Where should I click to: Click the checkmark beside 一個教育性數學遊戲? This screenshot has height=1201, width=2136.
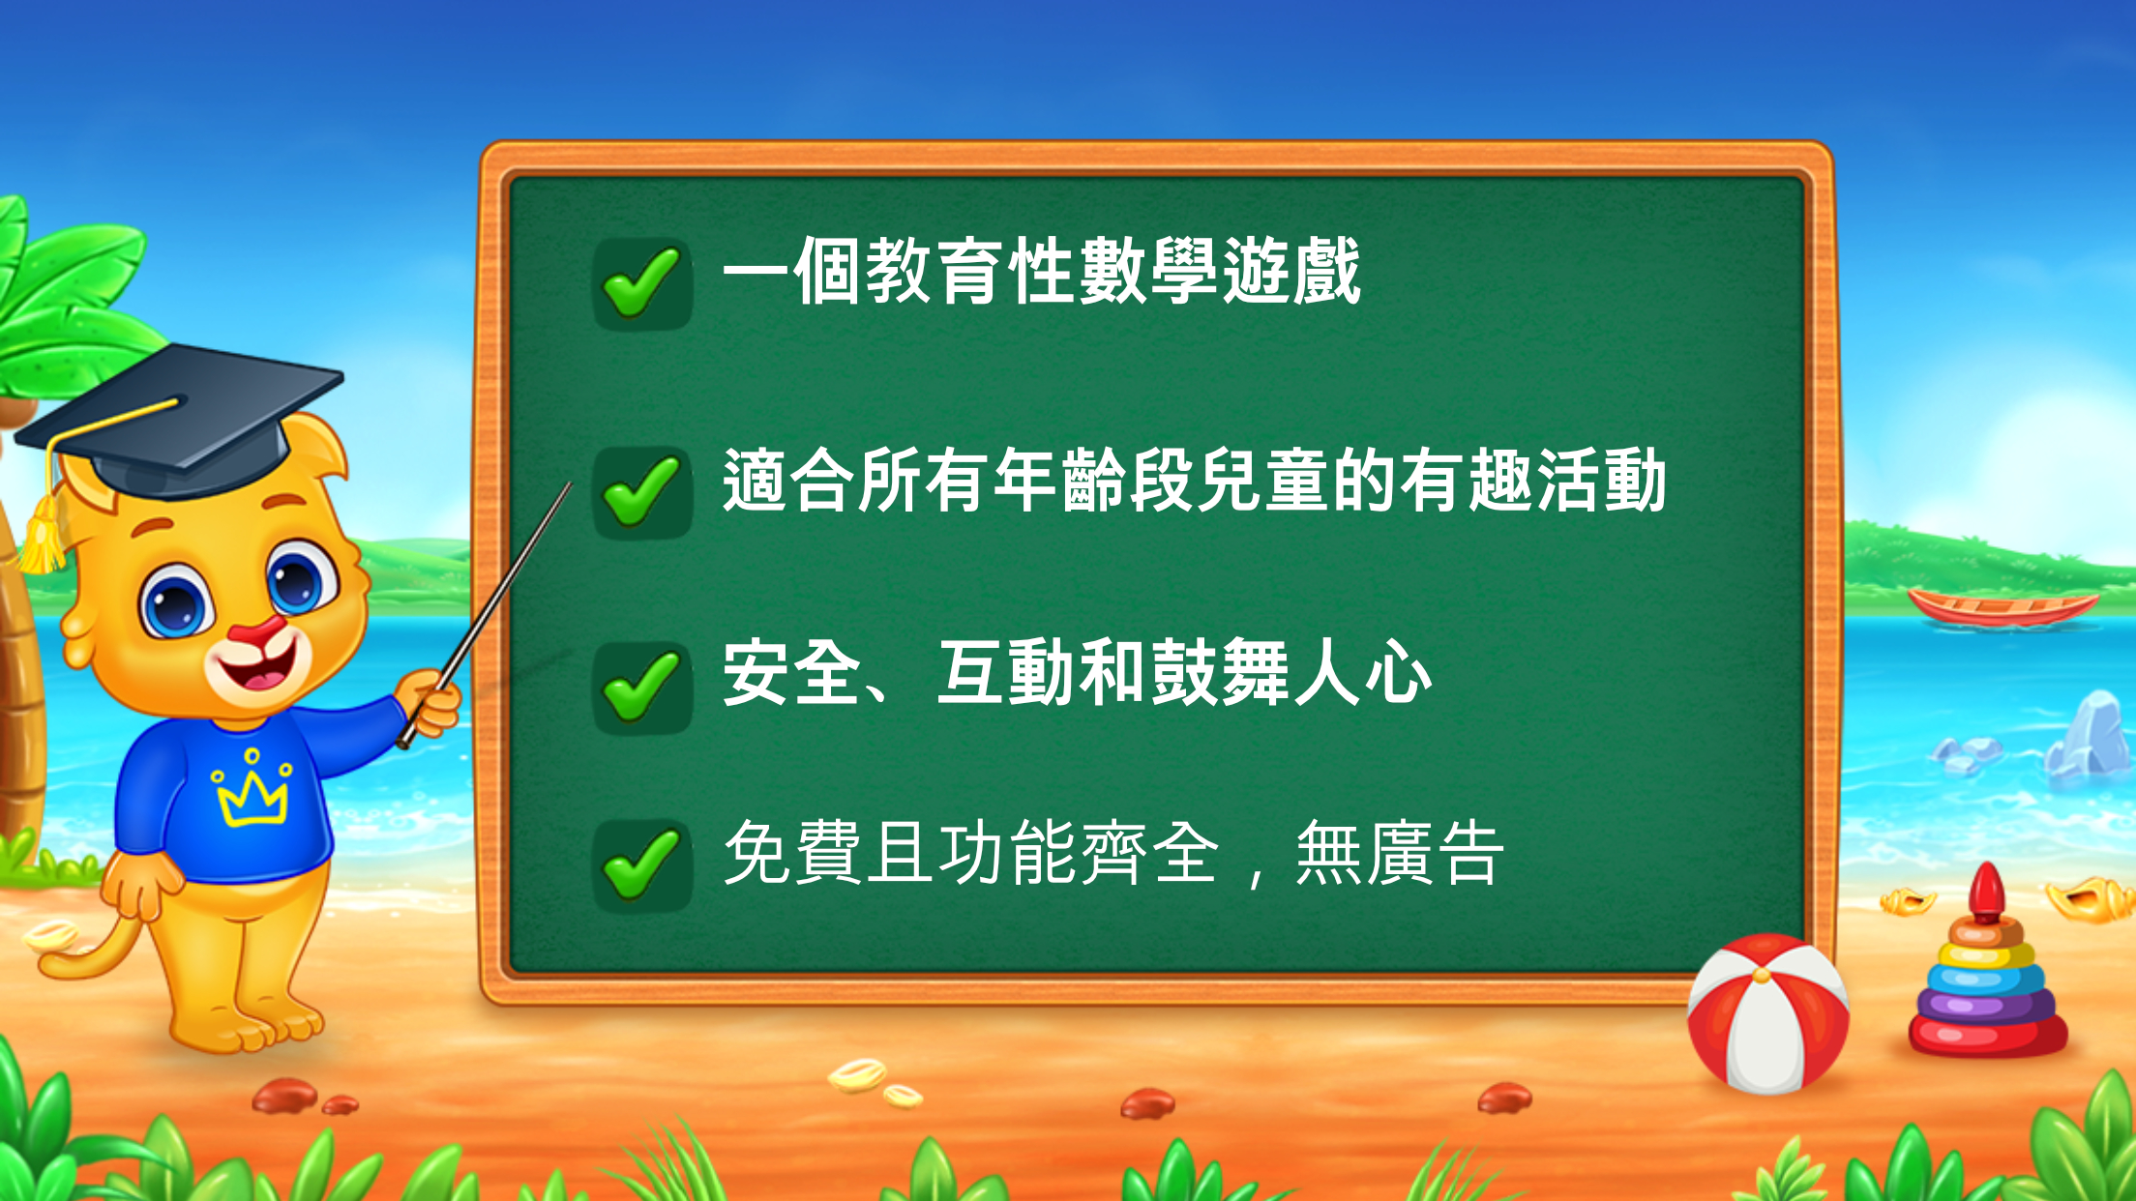(x=640, y=282)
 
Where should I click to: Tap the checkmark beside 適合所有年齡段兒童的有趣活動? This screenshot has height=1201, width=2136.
(x=640, y=491)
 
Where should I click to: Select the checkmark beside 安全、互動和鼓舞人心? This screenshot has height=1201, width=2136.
(x=640, y=686)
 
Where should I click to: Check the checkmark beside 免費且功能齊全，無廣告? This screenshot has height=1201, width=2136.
(x=640, y=864)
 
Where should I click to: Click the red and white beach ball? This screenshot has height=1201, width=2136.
(x=1767, y=1013)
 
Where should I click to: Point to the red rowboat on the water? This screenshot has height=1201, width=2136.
(x=2002, y=607)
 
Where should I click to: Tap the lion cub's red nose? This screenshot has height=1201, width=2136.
(x=258, y=633)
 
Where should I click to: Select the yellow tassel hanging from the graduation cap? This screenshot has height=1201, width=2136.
(x=44, y=535)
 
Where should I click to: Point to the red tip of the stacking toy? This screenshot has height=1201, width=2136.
(x=1986, y=892)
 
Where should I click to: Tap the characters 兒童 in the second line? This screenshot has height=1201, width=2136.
(x=1264, y=480)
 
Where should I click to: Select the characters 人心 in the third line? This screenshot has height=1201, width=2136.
(x=1364, y=672)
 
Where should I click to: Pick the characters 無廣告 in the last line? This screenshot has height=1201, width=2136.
(x=1400, y=853)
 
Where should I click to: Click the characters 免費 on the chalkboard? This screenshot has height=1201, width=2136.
(x=792, y=853)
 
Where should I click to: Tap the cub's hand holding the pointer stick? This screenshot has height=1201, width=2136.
(x=429, y=703)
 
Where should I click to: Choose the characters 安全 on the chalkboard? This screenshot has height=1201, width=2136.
(x=792, y=672)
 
